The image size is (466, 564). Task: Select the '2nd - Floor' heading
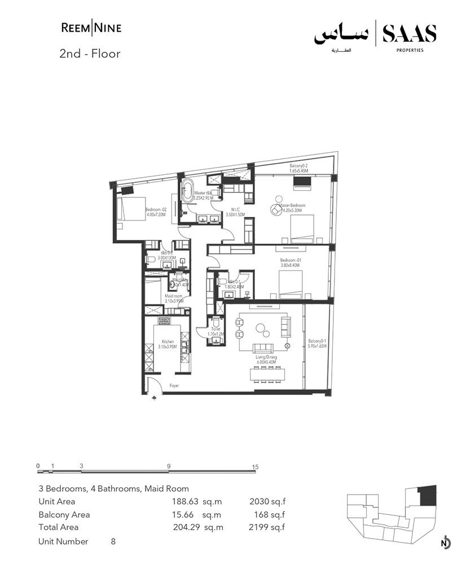pos(90,55)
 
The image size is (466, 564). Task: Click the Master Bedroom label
pos(296,208)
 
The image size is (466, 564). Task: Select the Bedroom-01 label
pos(289,262)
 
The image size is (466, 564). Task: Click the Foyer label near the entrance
pos(174,386)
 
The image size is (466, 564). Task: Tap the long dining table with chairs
pos(268,374)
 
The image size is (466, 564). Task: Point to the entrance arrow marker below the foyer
pos(155,399)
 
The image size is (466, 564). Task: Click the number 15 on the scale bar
pos(255,466)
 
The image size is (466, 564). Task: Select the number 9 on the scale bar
pos(169,466)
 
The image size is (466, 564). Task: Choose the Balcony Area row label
pos(64,514)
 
